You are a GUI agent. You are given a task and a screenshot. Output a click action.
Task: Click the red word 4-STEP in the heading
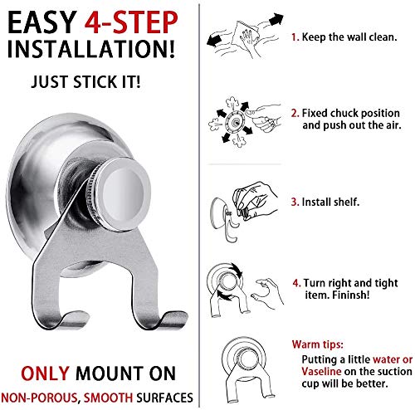point(131,22)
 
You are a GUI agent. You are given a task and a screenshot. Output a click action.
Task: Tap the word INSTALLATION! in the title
point(91,49)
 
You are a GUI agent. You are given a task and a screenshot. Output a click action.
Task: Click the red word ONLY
point(45,373)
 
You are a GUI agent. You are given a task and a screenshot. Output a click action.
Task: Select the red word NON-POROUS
point(39,398)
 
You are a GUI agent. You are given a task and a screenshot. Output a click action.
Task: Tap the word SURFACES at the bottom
point(164,398)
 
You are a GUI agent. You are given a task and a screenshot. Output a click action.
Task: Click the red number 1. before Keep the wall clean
point(295,37)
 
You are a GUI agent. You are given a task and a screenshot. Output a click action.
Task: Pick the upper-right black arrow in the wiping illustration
point(276,20)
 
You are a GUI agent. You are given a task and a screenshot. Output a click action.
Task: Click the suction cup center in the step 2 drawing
point(235,121)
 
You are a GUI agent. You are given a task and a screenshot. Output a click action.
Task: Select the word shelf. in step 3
point(346,202)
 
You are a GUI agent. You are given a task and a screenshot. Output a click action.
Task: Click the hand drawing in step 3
point(254,200)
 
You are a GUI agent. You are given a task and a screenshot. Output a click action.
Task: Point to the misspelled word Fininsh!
point(350,295)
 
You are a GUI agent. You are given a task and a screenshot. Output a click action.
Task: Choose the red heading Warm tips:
point(317,344)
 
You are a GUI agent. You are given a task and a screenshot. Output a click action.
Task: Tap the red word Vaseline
point(321,371)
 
